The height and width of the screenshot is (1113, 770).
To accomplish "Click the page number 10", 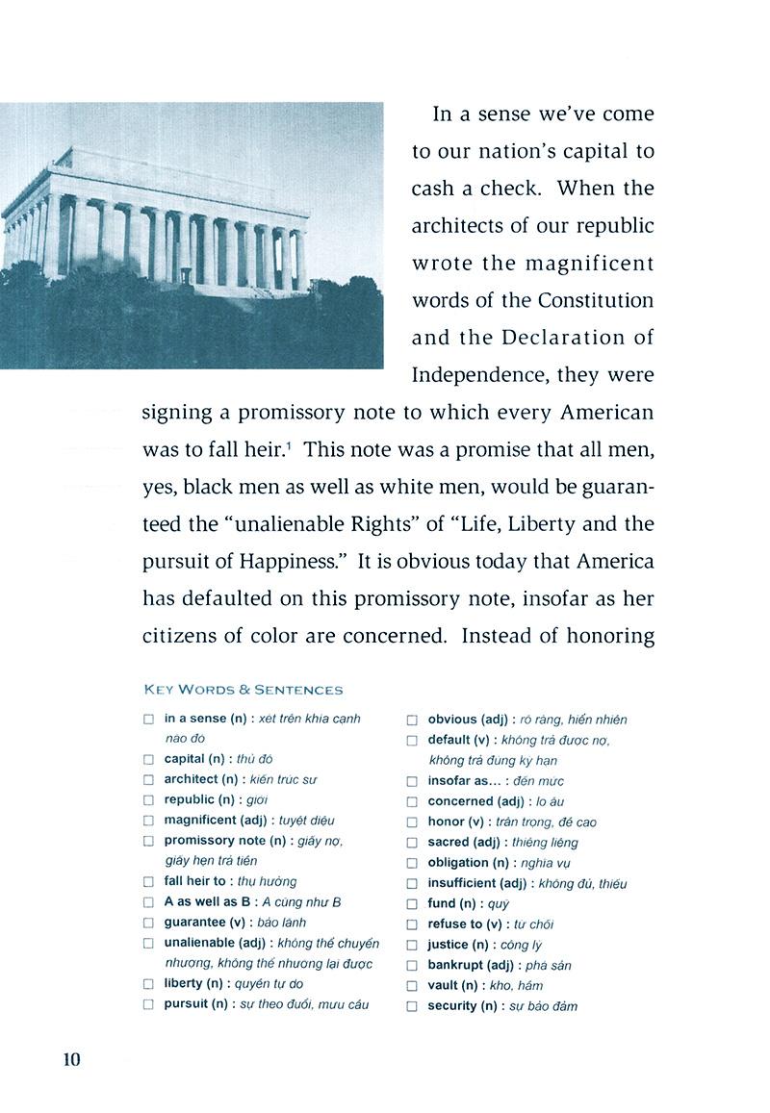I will tap(71, 1059).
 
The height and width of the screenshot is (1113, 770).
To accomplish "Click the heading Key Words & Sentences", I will tap(243, 690).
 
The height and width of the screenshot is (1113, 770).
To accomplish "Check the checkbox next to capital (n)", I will tap(148, 760).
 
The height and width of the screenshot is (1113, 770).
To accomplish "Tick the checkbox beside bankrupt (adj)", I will tap(412, 966).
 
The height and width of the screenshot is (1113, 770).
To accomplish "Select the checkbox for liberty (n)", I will tap(148, 984).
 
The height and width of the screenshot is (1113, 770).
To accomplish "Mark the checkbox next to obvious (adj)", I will tap(412, 720).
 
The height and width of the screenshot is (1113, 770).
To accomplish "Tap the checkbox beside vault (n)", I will tap(412, 986).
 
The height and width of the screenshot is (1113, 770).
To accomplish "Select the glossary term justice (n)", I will tap(461, 945).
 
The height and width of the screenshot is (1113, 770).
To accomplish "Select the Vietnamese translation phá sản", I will tap(548, 965).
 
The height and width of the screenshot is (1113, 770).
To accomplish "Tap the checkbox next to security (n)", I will tap(412, 1006).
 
